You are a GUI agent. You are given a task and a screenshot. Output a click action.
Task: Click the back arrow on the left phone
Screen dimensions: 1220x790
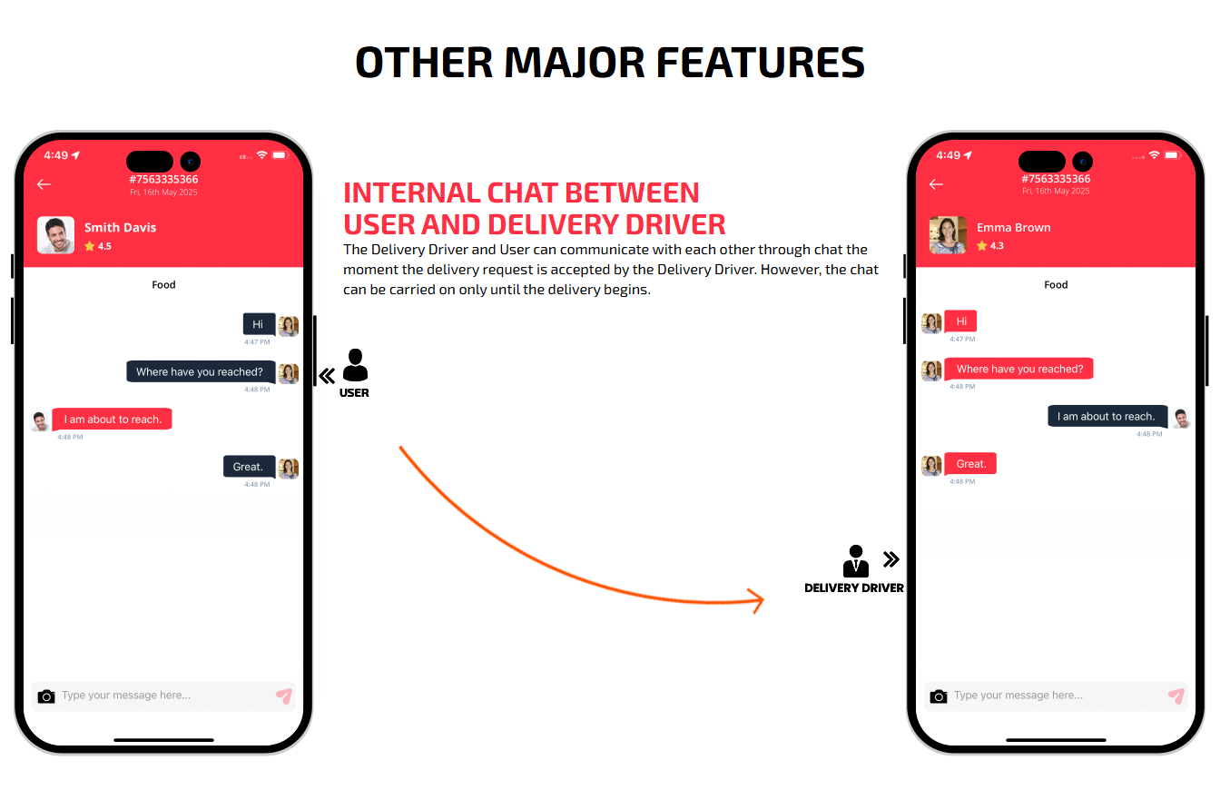point(44,184)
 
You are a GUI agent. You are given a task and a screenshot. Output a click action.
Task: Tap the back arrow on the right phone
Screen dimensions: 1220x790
point(936,184)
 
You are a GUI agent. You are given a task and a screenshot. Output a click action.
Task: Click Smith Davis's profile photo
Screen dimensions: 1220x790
point(55,235)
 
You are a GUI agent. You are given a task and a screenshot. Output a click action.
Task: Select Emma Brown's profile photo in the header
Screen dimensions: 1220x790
point(948,235)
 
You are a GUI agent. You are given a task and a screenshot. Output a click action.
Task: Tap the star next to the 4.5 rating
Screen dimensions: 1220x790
point(90,246)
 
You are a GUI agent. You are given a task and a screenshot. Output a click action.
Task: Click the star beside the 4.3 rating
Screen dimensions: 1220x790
point(982,246)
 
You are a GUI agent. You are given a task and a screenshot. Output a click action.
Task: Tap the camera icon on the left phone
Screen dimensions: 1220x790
point(46,696)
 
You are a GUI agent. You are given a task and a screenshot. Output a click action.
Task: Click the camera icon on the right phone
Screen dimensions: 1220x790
point(939,696)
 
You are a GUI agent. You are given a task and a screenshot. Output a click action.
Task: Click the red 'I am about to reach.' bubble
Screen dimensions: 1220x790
point(113,419)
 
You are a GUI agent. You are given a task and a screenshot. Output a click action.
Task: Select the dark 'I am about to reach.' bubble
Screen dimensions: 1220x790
point(1107,416)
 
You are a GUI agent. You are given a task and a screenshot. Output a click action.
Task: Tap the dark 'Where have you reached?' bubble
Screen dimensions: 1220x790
point(201,371)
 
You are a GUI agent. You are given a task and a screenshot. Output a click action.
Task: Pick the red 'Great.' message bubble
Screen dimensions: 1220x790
point(970,464)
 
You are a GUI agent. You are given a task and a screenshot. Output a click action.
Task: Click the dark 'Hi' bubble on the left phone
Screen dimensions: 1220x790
point(259,324)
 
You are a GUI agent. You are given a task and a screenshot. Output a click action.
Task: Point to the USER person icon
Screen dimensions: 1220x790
point(355,365)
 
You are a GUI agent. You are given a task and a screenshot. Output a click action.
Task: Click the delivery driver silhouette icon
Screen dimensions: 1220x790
point(856,560)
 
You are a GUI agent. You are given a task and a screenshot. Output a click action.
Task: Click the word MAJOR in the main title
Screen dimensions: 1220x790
point(575,63)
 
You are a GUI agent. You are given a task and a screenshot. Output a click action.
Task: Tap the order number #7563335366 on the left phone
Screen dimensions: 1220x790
point(164,179)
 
